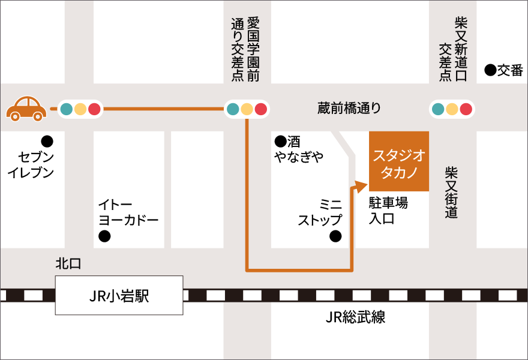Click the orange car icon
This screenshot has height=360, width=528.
tap(26, 108)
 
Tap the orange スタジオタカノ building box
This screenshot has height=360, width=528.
tap(399, 161)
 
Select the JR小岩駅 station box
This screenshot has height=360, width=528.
tap(119, 295)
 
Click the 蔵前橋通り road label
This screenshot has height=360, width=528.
tap(349, 109)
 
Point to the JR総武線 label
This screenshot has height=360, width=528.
tap(355, 317)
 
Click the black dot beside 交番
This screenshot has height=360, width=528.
tap(490, 71)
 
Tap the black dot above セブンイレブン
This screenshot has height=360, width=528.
tap(46, 142)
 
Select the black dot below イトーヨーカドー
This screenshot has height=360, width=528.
tap(104, 236)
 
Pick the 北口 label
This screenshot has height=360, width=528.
tap(68, 263)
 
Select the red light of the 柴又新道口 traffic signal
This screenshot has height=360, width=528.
tap(466, 109)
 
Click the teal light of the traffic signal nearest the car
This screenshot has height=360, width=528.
tap(66, 109)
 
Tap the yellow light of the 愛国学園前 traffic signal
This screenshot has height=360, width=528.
tap(247, 109)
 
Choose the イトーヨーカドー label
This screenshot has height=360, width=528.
tap(128, 212)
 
